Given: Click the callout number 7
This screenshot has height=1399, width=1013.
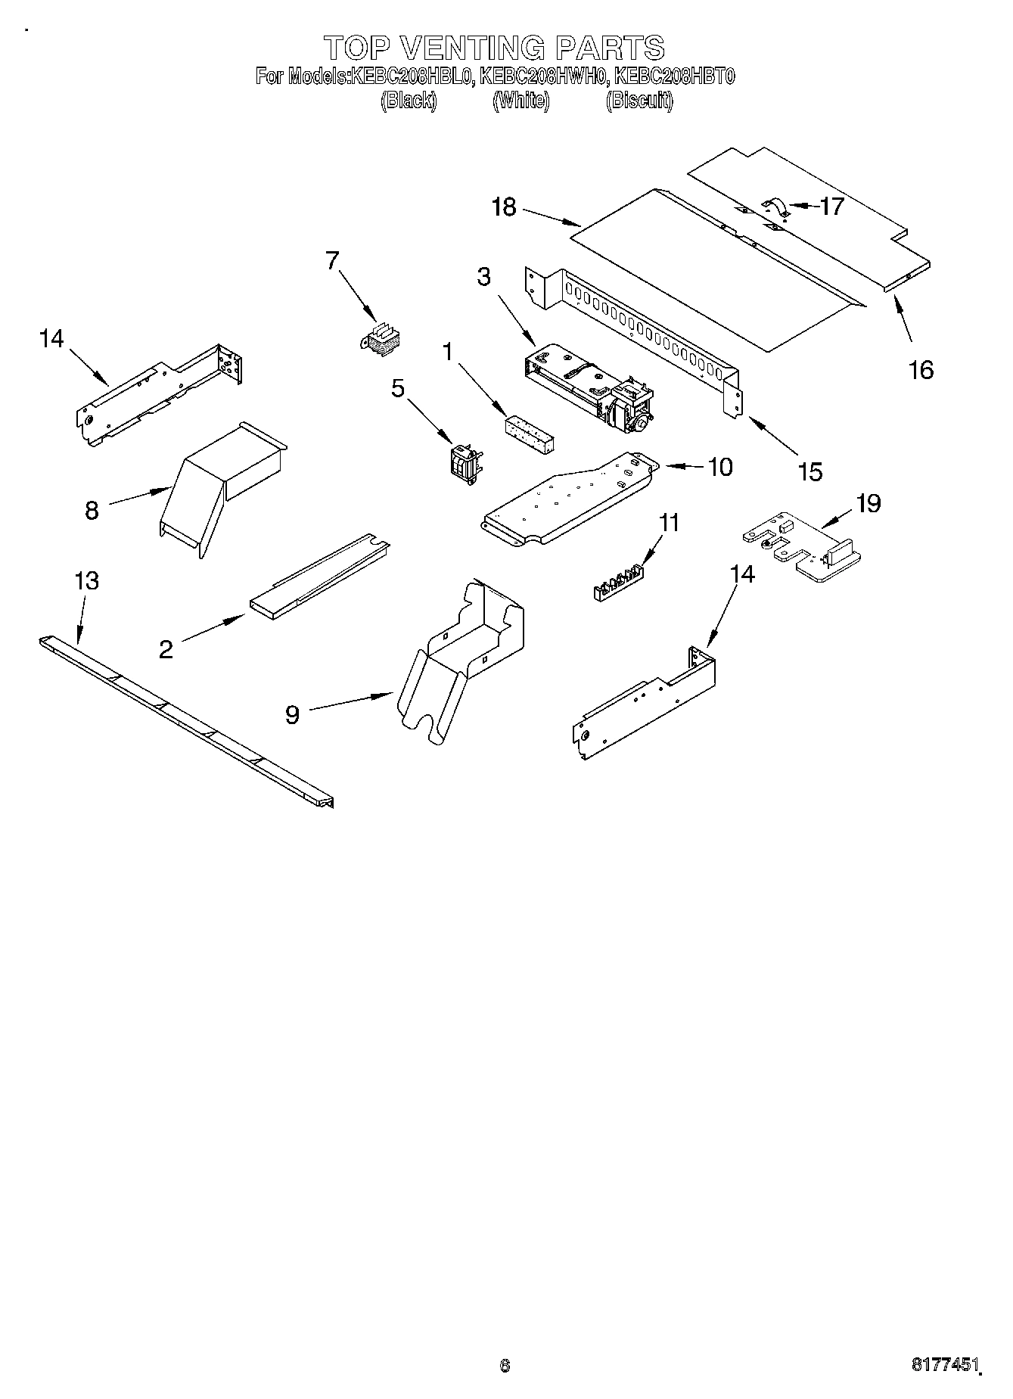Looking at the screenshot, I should (332, 260).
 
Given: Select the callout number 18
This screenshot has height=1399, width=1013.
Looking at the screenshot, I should (504, 207).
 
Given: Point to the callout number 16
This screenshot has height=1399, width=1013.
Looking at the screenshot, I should (921, 370).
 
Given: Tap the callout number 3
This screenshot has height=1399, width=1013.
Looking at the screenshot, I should (483, 277).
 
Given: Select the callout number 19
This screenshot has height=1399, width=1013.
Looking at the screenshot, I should (868, 503).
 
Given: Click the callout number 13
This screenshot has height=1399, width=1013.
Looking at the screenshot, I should (87, 581).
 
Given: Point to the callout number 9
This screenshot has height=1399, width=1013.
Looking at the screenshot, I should (292, 714).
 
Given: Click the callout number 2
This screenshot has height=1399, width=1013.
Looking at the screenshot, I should (166, 649).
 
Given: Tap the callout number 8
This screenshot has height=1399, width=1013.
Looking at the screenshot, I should (92, 511).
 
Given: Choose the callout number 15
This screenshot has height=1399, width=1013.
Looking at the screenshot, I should (809, 471).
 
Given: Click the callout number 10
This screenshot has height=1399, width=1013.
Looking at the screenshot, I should (719, 467).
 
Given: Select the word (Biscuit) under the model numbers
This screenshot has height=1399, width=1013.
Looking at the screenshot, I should (639, 101).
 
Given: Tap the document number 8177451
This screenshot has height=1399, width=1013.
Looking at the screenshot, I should (944, 1365).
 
